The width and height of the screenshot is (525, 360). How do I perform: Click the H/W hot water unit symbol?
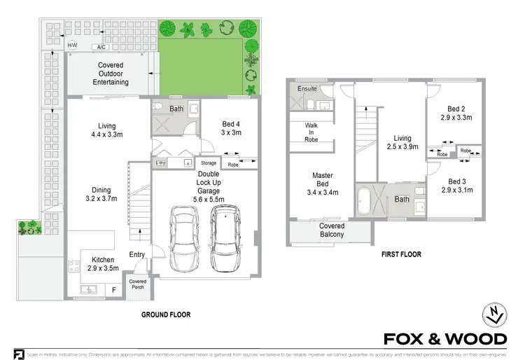click(x=72, y=46)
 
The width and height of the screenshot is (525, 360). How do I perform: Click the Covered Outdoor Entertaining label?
click(x=111, y=73)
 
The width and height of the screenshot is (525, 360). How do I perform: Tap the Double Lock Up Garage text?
click(x=209, y=186)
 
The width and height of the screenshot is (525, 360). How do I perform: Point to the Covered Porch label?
click(x=138, y=285)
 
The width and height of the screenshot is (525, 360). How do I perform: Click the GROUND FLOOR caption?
click(x=166, y=314)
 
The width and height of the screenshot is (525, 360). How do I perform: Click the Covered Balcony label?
click(x=332, y=230)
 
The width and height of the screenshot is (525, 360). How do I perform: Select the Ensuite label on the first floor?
click(x=307, y=89)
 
